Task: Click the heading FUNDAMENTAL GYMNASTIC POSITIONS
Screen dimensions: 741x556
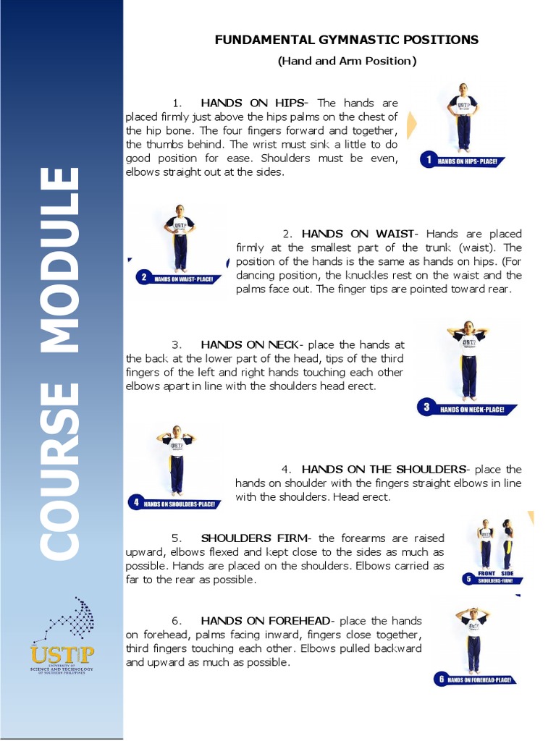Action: coord(346,40)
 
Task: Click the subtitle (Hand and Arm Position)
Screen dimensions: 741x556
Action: coord(347,62)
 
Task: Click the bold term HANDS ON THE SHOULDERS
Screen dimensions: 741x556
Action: coord(384,470)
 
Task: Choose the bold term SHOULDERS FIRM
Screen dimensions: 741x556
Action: coord(253,538)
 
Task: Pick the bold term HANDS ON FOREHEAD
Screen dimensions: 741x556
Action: coord(265,621)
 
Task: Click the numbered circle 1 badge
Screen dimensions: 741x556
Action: coord(429,160)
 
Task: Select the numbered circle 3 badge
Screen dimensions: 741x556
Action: coord(426,407)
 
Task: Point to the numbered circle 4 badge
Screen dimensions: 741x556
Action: coord(135,502)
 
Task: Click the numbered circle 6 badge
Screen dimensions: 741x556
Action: coord(440,679)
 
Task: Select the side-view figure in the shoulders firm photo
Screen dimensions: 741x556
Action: coord(507,544)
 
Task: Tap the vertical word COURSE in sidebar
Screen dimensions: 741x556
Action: coord(59,470)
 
